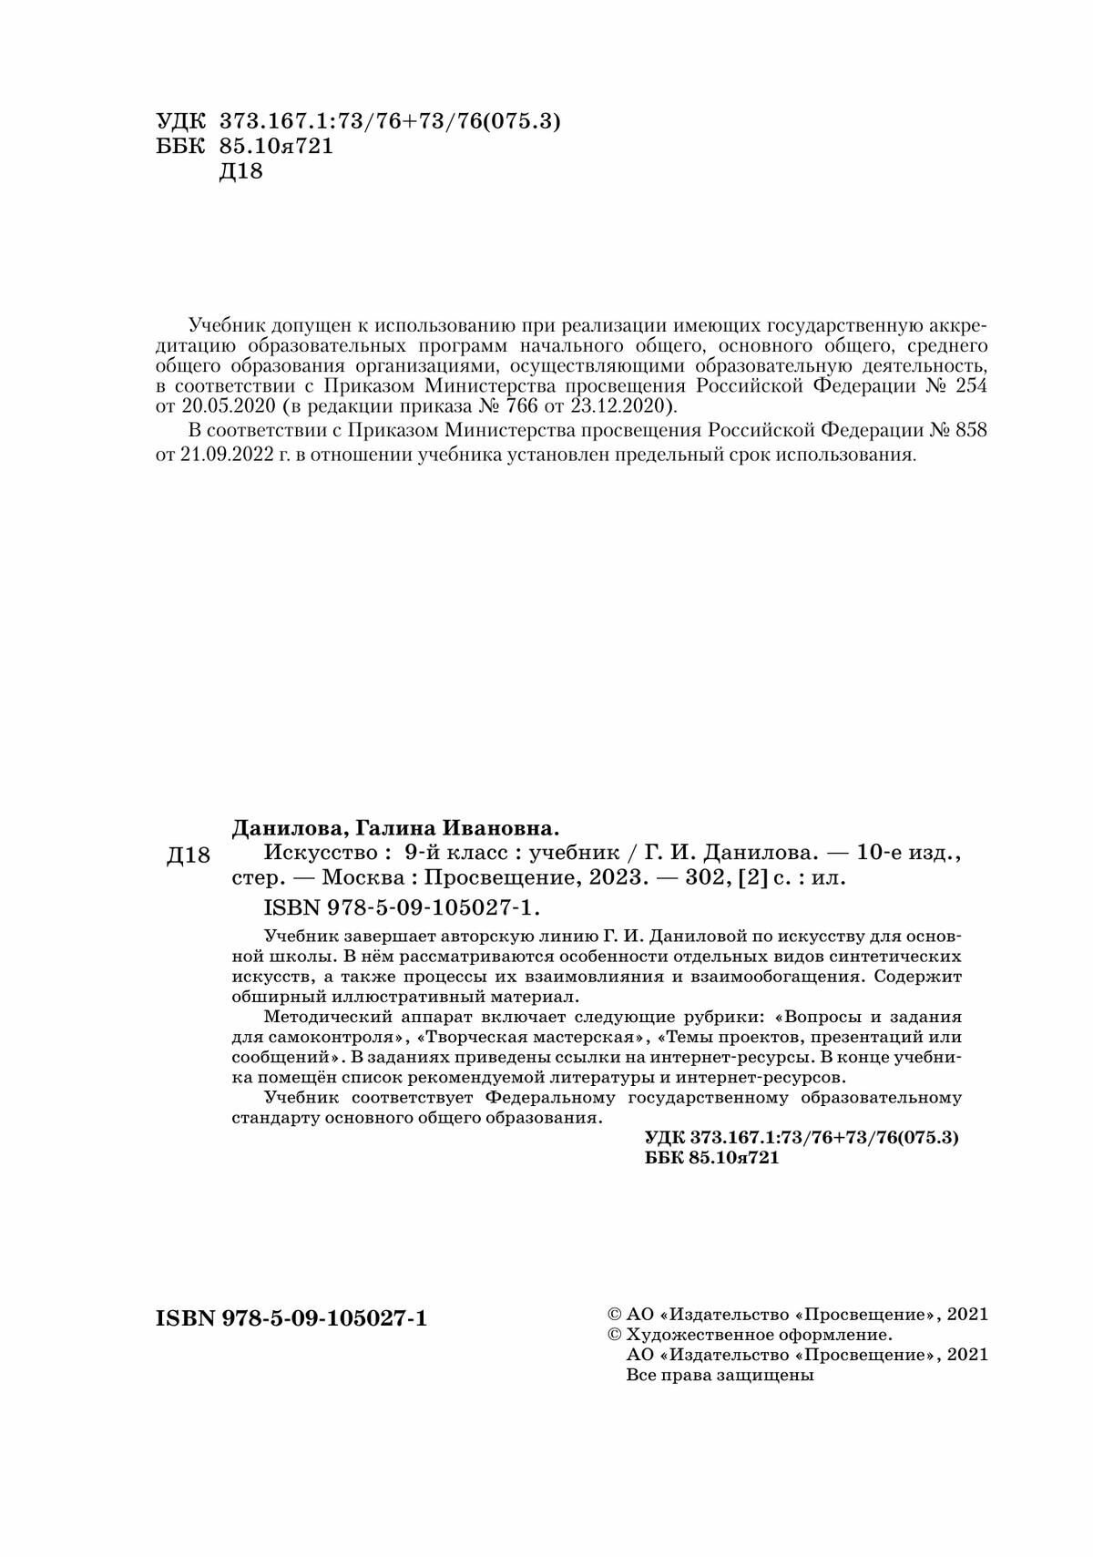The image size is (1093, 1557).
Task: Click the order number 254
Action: click(967, 385)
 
